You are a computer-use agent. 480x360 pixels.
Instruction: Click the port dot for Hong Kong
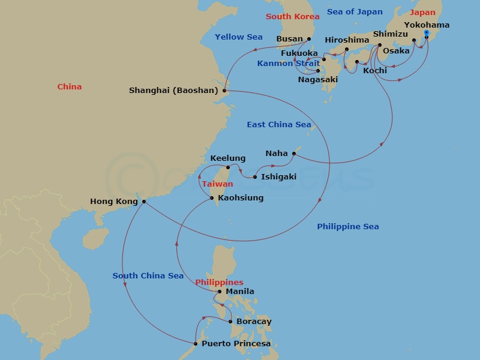click(144, 202)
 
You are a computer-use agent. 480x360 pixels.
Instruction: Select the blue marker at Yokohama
click(426, 33)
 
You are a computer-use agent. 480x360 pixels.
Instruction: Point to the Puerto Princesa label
click(236, 344)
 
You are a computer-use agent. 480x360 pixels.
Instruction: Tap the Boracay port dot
click(231, 322)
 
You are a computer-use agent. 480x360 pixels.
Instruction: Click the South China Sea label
click(148, 276)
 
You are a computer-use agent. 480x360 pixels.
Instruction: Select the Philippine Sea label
click(348, 227)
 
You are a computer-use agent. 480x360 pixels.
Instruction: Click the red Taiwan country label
click(217, 184)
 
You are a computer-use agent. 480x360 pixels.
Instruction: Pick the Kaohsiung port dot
click(212, 198)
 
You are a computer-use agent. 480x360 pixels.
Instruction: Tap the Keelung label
click(227, 158)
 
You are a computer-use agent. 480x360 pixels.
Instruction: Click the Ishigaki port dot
click(255, 177)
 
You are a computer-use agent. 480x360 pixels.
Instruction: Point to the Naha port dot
click(294, 154)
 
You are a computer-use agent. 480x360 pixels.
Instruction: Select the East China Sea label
click(279, 125)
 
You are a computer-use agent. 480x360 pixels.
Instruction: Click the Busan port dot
click(309, 39)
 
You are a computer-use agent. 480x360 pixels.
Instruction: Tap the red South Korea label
click(293, 17)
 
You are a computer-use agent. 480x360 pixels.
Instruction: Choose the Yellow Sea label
click(239, 37)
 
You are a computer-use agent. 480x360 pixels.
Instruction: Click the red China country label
click(70, 87)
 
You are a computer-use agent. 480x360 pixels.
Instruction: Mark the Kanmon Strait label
click(284, 64)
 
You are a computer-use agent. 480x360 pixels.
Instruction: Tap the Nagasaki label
click(318, 79)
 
